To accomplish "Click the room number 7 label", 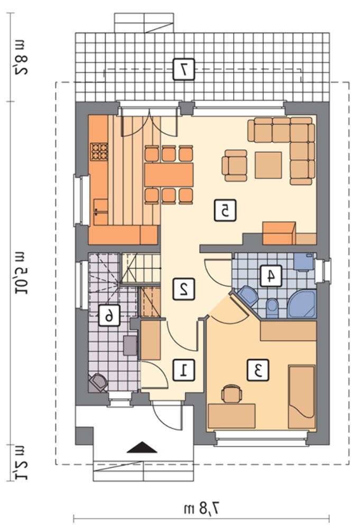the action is click(x=184, y=69).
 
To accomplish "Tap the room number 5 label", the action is click(x=225, y=211).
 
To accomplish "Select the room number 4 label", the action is click(x=271, y=276).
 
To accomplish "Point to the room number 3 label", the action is click(x=258, y=370).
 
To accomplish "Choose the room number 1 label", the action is click(x=184, y=370).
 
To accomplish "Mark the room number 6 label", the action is click(x=109, y=315).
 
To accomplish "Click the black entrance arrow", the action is click(x=142, y=448).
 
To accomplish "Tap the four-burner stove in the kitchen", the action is click(x=99, y=151).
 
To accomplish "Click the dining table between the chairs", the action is click(x=169, y=175).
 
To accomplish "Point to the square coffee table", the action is click(x=269, y=165).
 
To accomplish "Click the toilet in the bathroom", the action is click(x=272, y=308).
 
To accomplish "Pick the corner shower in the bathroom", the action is click(x=303, y=304).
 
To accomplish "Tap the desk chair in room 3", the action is click(x=232, y=393).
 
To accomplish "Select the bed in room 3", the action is click(x=302, y=397).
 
